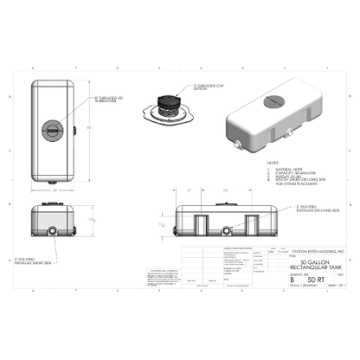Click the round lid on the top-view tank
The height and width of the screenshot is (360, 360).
tap(54, 131)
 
